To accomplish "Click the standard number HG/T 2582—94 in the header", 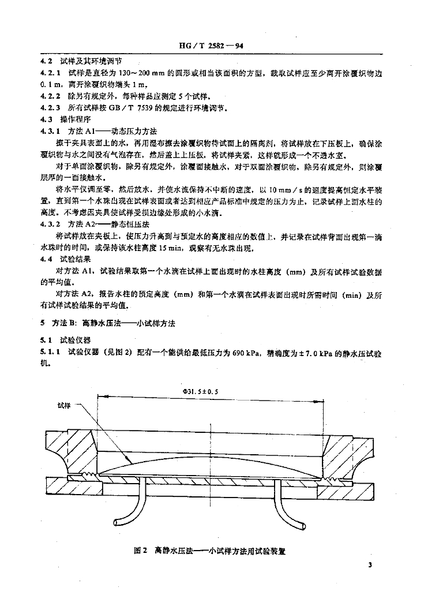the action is tap(212, 48).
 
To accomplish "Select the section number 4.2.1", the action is tap(49, 73).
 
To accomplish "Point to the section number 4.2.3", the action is tap(49, 107).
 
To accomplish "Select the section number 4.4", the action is tap(45, 260).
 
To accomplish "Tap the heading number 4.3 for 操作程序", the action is tap(45, 119).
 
